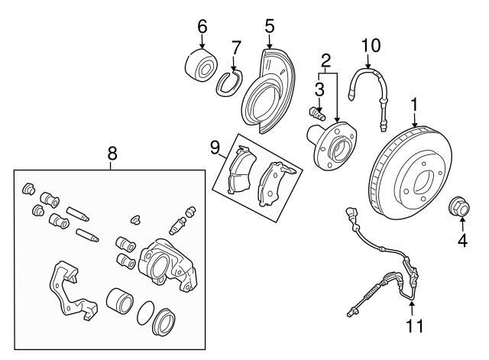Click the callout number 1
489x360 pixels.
pos(415,102)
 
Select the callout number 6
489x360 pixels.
pos(202,26)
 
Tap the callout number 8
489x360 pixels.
pos(112,154)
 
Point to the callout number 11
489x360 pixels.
pos(413,327)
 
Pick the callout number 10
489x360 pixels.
pos(370,45)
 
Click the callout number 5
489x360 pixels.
pos(269,26)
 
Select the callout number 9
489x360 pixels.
pos(215,144)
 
